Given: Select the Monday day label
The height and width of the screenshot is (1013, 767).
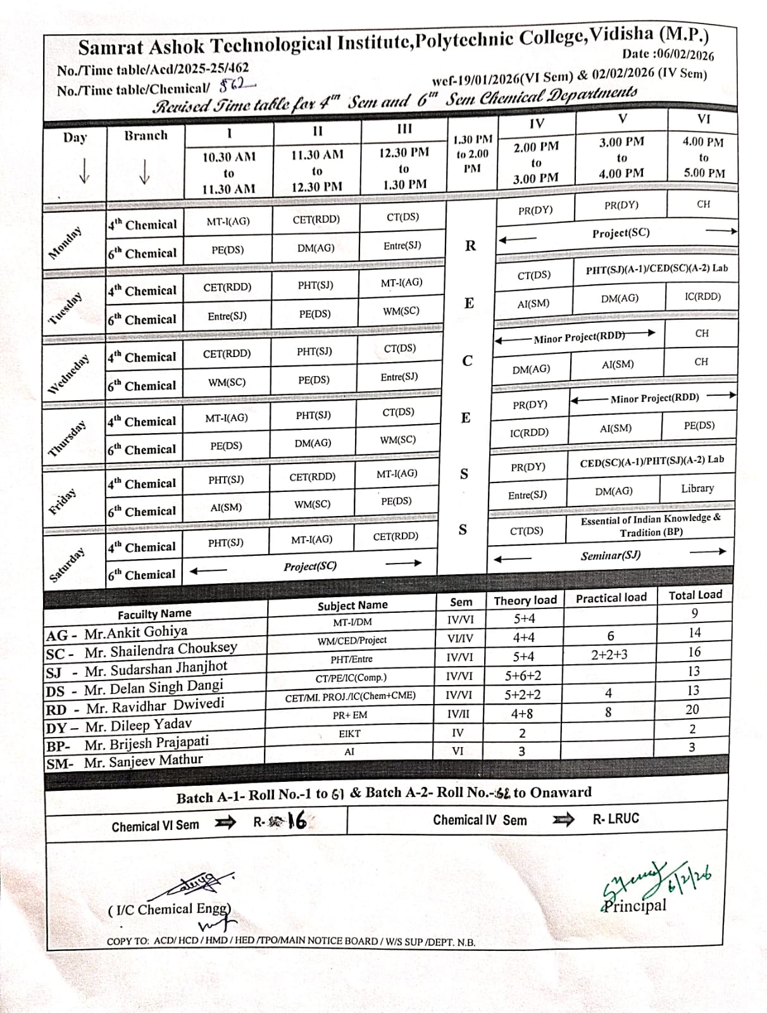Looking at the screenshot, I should (66, 243).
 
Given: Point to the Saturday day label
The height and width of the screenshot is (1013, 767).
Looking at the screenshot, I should (67, 565).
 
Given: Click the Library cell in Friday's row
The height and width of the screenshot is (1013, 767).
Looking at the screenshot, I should (697, 488).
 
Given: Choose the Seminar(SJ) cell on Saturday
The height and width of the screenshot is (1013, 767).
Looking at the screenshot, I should (610, 555).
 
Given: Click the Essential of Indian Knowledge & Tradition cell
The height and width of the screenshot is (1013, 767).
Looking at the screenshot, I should (651, 525).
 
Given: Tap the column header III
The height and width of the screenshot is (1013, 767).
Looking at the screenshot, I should (404, 129).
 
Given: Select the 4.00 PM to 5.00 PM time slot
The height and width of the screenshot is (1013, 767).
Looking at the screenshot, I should (702, 157).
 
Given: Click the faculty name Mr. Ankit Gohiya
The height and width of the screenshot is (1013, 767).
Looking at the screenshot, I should (135, 632).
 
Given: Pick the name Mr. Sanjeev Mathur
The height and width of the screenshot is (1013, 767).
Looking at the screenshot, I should (143, 761).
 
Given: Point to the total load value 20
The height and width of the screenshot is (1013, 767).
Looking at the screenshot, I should (692, 710).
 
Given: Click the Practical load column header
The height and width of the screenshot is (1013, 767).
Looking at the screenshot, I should (611, 598).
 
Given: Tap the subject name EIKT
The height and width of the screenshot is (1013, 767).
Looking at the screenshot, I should (349, 734).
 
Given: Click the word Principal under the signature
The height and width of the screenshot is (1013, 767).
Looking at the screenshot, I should (635, 905).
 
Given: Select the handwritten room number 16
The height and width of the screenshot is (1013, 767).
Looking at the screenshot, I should (296, 821).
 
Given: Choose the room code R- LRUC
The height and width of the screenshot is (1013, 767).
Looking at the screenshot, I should (616, 819).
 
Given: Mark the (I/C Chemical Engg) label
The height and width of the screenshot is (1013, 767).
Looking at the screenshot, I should (170, 910).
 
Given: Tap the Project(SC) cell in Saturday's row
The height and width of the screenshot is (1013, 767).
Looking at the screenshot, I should (309, 566).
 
